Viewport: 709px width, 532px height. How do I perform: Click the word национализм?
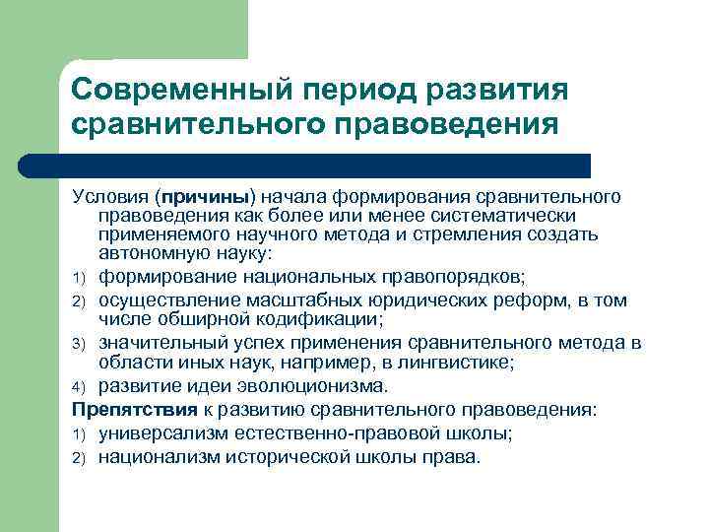[x=163, y=456]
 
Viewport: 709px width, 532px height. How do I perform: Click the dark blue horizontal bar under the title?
[x=325, y=165]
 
